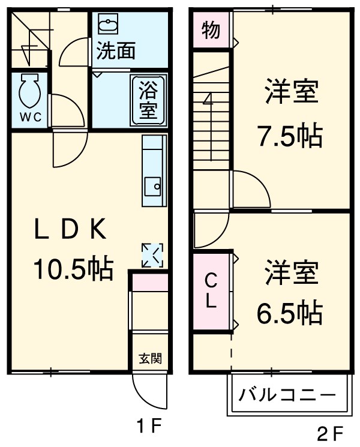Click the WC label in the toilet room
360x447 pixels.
click(x=28, y=117)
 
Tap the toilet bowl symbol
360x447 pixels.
click(x=28, y=91)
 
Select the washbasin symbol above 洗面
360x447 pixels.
click(x=109, y=26)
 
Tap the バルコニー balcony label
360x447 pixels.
click(x=287, y=395)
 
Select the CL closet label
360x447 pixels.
click(x=211, y=290)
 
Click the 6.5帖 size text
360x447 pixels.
click(x=290, y=312)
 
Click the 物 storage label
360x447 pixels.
click(x=211, y=29)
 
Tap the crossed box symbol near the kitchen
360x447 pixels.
click(x=152, y=255)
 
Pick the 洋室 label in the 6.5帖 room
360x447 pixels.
click(x=291, y=274)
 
